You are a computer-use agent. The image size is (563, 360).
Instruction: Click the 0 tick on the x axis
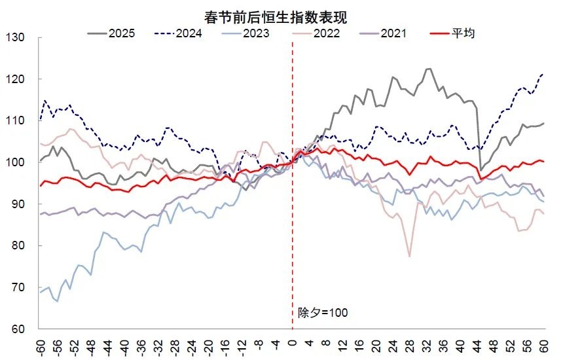(x=292, y=344)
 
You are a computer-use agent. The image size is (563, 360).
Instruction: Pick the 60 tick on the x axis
(x=544, y=346)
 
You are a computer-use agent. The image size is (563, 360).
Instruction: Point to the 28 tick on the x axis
(x=410, y=346)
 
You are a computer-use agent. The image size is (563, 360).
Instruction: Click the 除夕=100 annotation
(x=323, y=313)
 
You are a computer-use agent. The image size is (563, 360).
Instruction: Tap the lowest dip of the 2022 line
(x=410, y=257)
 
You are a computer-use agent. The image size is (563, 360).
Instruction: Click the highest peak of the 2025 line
(x=429, y=68)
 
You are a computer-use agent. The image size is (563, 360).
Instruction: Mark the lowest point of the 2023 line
(x=57, y=301)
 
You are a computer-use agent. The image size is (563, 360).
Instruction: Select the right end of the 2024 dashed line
(x=544, y=74)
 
